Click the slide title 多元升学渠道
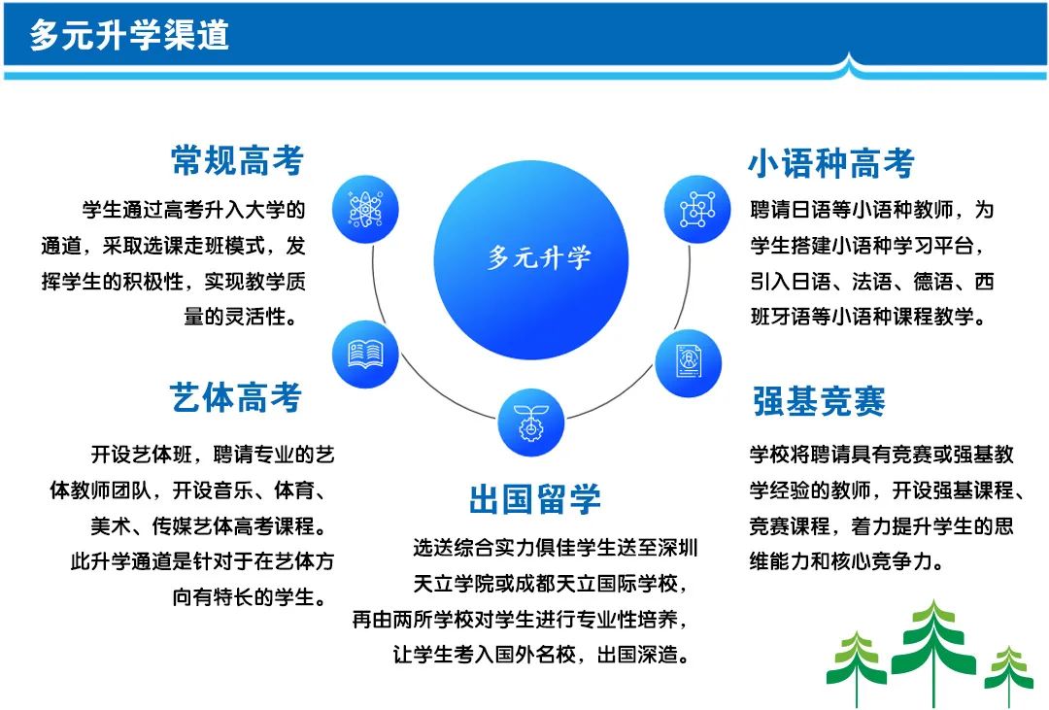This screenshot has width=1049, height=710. click(129, 35)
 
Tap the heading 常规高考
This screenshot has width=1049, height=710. click(238, 160)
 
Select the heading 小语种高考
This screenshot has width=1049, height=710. click(831, 163)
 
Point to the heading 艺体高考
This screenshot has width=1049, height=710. click(235, 397)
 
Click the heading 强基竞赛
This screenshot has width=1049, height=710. click(819, 401)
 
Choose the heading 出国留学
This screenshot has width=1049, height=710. click(534, 499)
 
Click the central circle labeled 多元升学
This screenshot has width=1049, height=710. click(531, 259)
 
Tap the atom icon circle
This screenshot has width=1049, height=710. click(365, 210)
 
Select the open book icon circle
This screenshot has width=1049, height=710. click(365, 355)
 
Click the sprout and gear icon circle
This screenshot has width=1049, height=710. click(531, 423)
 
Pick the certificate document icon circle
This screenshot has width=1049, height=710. click(688, 363)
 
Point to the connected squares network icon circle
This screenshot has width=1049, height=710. click(697, 210)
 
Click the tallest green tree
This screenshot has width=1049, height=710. click(933, 653)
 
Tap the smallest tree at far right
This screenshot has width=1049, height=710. click(1008, 676)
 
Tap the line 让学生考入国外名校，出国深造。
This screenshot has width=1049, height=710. click(542, 655)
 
